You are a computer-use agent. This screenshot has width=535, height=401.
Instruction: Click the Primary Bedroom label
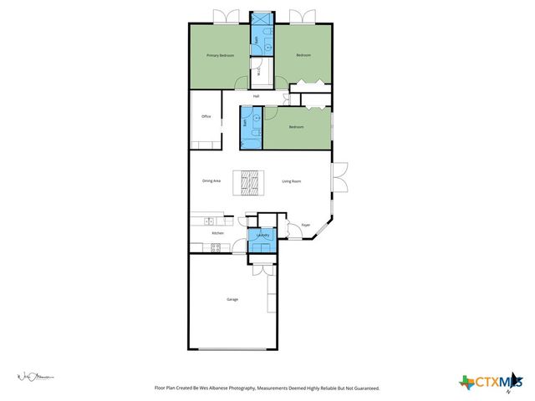click(220, 55)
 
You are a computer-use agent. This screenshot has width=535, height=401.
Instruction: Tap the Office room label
click(205, 117)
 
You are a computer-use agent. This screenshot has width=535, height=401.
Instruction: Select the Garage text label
click(232, 299)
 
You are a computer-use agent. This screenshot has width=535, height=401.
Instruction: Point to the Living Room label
click(291, 180)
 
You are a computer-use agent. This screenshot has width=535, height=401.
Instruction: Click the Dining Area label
click(211, 180)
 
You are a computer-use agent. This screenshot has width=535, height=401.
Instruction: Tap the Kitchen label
click(217, 233)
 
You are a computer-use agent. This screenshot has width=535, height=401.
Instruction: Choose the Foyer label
click(306, 225)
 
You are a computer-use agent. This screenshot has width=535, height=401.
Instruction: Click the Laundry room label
click(262, 236)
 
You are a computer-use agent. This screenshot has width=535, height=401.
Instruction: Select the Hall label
click(257, 97)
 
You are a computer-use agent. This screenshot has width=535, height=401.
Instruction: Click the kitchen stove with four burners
click(216, 246)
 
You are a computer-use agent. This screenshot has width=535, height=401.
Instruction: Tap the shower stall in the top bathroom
click(261, 18)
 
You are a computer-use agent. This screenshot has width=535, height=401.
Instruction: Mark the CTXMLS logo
click(487, 383)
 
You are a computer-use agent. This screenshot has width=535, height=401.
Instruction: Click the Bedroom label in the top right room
click(303, 55)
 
